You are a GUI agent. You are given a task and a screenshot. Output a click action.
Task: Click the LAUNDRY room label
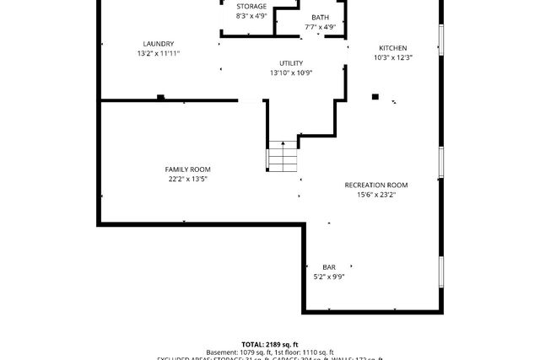coord(159,44)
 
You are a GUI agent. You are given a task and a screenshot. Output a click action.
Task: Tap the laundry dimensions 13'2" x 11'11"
coord(159,53)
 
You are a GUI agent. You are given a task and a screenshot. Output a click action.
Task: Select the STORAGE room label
coord(251,7)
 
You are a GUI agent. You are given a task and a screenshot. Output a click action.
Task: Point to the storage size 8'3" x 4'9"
coord(251,16)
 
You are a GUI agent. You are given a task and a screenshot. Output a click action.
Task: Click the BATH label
coord(321,18)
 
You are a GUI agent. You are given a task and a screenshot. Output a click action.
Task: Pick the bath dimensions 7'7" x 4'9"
coord(321,27)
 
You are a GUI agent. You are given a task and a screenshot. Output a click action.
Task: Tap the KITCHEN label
coord(393,48)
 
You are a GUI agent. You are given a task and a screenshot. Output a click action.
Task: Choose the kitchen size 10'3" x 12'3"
coord(393,57)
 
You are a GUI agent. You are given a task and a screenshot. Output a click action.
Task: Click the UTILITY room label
coord(291,63)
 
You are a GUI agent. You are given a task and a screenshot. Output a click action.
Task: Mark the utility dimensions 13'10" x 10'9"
coord(291,73)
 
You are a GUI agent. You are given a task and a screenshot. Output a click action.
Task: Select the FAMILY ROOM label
coord(187,169)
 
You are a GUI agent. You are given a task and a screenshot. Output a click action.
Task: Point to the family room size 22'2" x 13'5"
coord(187,179)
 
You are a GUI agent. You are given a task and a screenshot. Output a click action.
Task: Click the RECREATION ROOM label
coord(376,185)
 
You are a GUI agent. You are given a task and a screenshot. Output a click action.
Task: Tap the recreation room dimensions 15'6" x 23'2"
coord(376,194)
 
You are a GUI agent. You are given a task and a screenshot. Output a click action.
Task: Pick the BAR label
coord(329,267)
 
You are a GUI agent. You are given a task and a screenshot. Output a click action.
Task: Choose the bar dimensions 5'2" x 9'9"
coord(329,277)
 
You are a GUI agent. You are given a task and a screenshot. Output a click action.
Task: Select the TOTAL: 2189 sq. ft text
coord(270,344)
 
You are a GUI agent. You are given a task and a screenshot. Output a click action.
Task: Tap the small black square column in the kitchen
coord(375,97)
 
